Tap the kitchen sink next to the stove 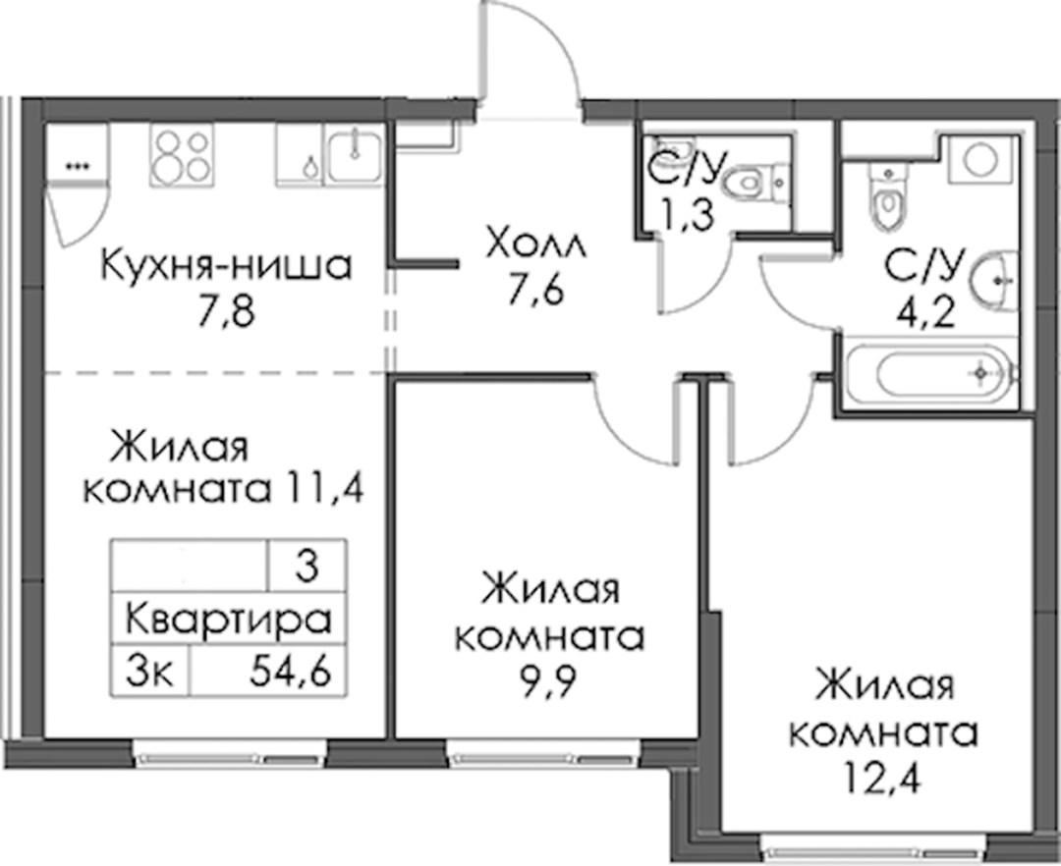354,154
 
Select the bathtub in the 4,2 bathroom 946,371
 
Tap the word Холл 536,244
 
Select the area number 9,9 548,683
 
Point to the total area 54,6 290,672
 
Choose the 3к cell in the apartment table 150,672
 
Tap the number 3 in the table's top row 307,568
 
